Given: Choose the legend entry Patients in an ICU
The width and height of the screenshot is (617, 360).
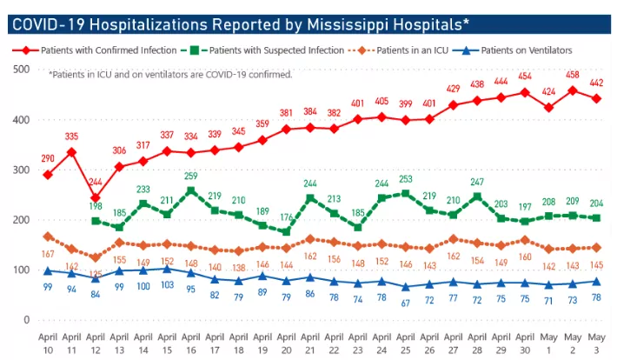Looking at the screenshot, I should pos(401,50).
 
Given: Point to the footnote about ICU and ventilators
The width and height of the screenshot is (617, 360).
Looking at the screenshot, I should pos(169,75).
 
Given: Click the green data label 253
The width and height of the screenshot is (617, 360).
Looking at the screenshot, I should pos(405,179).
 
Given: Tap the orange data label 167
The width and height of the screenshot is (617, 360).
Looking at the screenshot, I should pos(48,254).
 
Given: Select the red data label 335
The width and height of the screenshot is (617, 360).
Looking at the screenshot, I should pos(71,137).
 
